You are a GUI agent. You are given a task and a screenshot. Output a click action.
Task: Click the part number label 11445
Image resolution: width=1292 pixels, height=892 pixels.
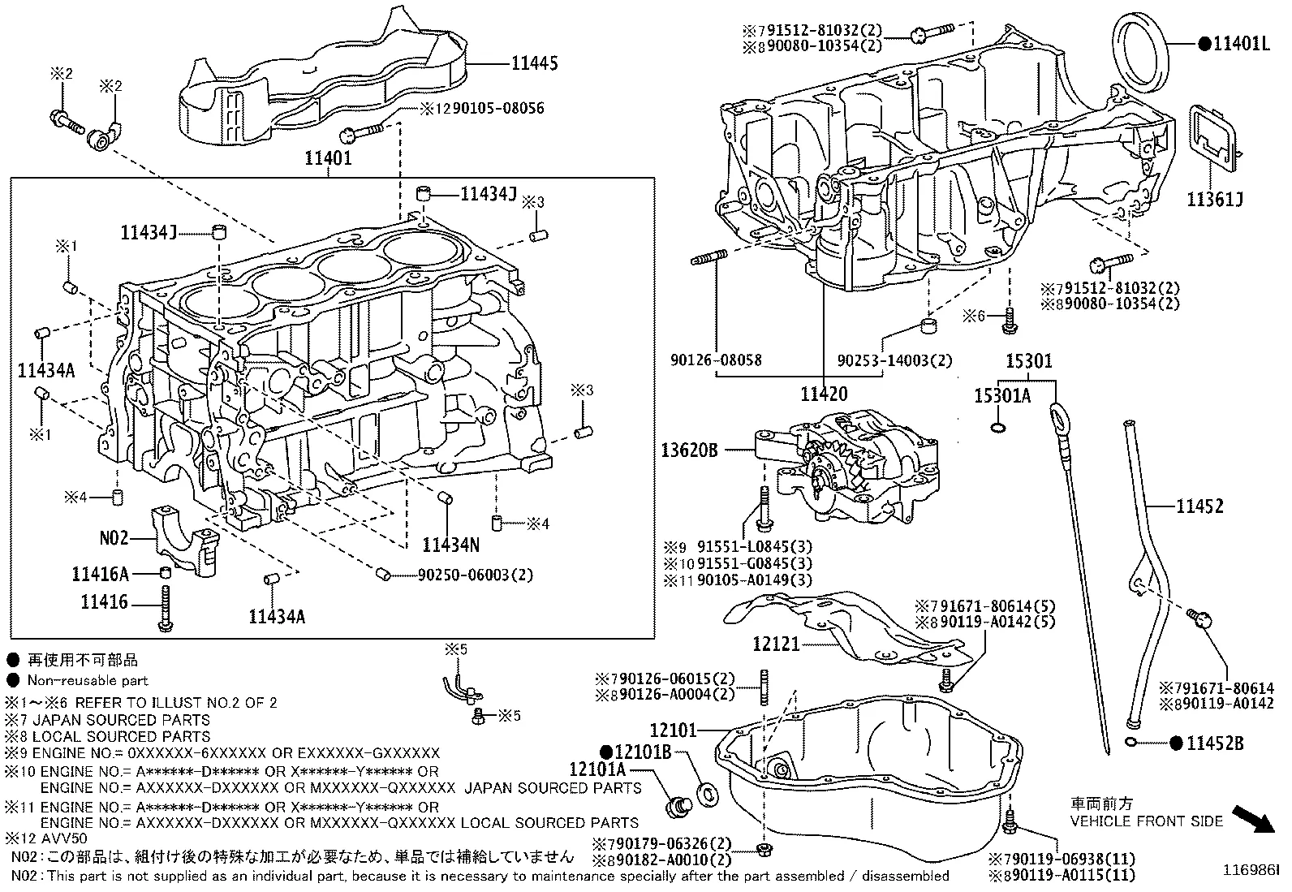point(535,62)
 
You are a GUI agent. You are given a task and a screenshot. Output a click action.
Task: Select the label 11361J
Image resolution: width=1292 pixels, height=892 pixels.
point(1215,200)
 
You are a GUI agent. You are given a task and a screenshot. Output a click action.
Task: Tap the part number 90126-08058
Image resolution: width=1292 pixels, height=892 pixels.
point(717,360)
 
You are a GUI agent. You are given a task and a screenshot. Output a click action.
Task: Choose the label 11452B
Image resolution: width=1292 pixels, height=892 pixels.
point(1215,743)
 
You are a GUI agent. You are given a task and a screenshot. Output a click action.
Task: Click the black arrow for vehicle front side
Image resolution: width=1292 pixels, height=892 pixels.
point(1253,819)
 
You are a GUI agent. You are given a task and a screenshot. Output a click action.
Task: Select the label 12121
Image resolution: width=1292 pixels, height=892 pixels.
point(777,644)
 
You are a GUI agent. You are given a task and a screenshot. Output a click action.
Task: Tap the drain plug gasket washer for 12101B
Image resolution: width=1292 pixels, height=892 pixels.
point(707,791)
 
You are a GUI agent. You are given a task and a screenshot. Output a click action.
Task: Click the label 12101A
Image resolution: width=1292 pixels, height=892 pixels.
point(597,769)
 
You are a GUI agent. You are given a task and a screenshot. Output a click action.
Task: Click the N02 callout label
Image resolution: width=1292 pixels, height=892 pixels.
point(114,537)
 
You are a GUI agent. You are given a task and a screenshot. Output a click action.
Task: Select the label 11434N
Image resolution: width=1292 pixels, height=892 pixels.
point(450,544)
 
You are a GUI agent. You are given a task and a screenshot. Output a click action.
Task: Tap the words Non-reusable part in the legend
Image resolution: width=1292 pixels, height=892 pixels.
point(88,680)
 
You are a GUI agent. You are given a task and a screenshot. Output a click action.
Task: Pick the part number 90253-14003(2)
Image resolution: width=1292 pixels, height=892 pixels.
point(895,360)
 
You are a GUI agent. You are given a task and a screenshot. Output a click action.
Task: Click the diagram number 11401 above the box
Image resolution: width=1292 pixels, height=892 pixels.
point(328,158)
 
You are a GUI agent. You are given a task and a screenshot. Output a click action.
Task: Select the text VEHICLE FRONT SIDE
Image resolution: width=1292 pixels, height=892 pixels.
point(1146,821)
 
